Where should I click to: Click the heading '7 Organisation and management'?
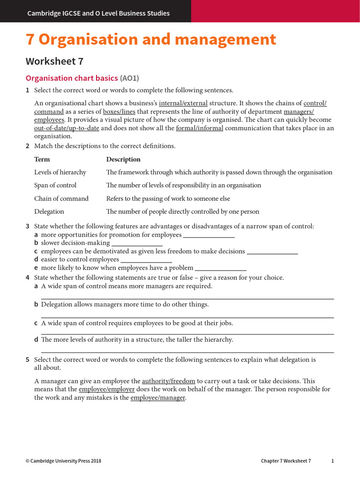[150, 40]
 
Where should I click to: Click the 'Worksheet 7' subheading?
[54, 61]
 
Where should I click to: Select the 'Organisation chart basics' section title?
[71, 78]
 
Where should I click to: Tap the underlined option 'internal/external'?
[183, 103]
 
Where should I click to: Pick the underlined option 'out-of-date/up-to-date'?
[67, 128]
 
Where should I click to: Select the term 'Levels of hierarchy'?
[60, 172]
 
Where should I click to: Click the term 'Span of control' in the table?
[55, 185]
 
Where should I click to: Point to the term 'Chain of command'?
[61, 198]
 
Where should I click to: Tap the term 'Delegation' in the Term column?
[49, 211]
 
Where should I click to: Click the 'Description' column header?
[123, 159]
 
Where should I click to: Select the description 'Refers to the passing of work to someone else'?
[168, 198]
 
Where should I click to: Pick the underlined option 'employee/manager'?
[158, 397]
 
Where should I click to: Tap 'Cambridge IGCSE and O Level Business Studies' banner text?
[98, 13]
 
